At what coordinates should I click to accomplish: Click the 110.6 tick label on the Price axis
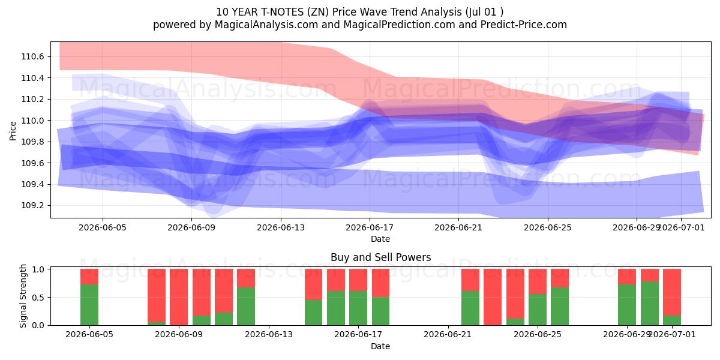(32, 57)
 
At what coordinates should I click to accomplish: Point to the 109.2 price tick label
(32, 206)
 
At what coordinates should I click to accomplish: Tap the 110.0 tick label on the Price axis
(32, 121)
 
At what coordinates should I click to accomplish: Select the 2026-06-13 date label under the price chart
(281, 228)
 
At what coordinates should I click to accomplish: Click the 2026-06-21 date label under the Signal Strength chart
(448, 335)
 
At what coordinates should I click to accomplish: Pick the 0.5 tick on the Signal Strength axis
(38, 298)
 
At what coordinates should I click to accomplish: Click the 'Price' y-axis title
(13, 131)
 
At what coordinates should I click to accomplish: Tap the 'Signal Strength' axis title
(23, 296)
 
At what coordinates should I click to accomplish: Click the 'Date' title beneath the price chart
(380, 239)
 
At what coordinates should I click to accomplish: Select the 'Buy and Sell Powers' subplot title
(380, 257)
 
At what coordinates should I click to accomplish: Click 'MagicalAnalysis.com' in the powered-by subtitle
(266, 25)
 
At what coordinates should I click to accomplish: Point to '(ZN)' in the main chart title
(318, 12)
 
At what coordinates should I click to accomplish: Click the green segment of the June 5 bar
(89, 305)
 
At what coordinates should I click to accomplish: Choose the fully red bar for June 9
(179, 297)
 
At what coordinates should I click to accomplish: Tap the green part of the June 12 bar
(246, 307)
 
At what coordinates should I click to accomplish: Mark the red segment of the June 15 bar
(313, 284)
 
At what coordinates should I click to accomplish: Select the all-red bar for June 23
(493, 297)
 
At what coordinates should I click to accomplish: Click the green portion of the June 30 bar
(650, 304)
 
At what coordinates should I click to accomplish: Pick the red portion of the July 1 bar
(672, 292)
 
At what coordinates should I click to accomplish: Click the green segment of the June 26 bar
(560, 307)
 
